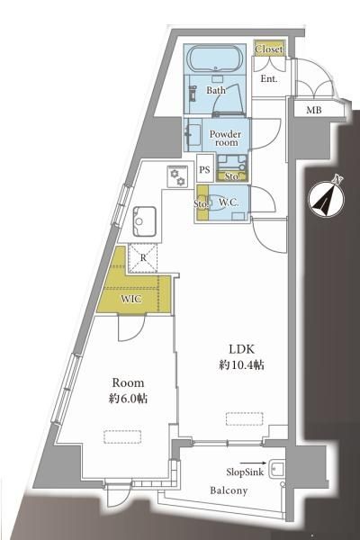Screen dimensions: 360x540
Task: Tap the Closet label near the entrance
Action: point(269,49)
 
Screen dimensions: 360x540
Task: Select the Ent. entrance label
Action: point(269,79)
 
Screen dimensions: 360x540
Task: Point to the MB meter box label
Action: point(314,110)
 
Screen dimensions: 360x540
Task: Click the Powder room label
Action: point(225,138)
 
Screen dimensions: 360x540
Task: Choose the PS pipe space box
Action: point(204,168)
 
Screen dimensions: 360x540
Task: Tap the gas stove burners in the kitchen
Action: point(177,176)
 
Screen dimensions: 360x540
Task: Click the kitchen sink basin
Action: point(145,221)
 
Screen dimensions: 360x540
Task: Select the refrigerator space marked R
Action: point(143,258)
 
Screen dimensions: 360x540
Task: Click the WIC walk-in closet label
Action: point(130,299)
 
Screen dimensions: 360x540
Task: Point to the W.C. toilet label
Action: point(229,202)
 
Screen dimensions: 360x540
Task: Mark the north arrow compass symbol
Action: point(326,199)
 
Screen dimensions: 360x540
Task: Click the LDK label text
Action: point(241,349)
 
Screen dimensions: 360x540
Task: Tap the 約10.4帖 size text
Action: point(241,365)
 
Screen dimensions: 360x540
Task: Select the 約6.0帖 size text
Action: point(128,399)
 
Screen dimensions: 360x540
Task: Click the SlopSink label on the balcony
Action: point(245,472)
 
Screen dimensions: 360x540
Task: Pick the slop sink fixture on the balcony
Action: point(277,469)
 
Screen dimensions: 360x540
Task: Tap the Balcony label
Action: point(229,490)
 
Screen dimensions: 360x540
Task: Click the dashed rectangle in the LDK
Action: point(244,418)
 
